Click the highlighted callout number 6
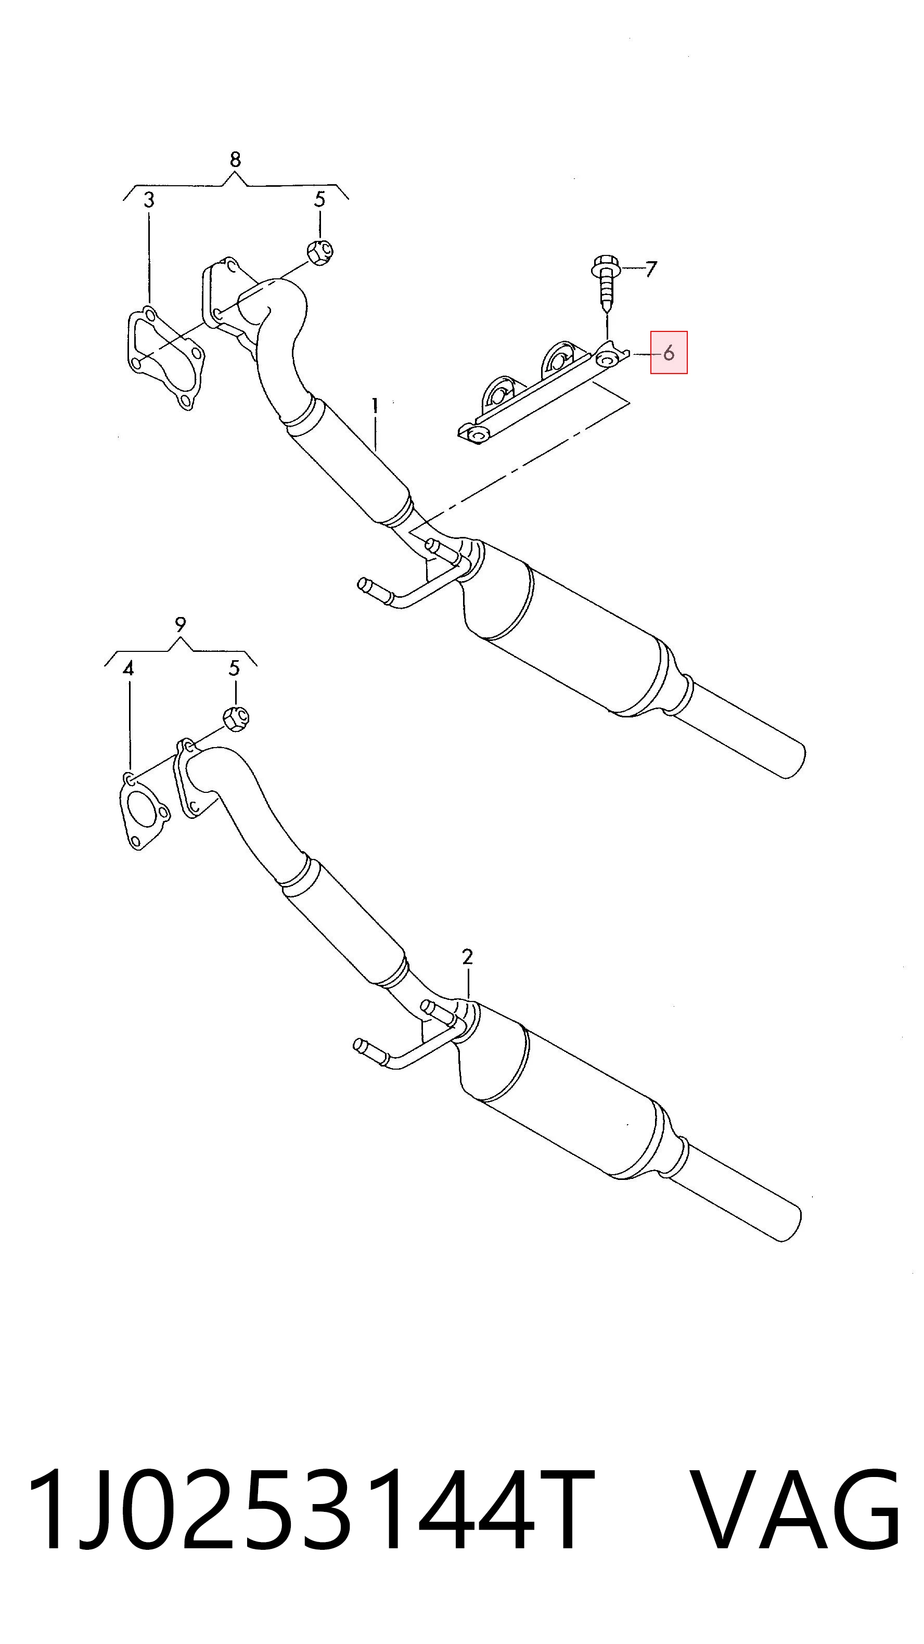pyautogui.click(x=669, y=352)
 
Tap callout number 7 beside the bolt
pyautogui.click(x=650, y=269)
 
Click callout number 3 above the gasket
pyautogui.click(x=149, y=200)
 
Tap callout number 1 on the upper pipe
pyautogui.click(x=375, y=405)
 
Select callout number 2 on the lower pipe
pyautogui.click(x=468, y=957)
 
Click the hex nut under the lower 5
pyautogui.click(x=236, y=717)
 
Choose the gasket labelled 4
pyautogui.click(x=144, y=811)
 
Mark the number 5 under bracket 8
pyautogui.click(x=319, y=199)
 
